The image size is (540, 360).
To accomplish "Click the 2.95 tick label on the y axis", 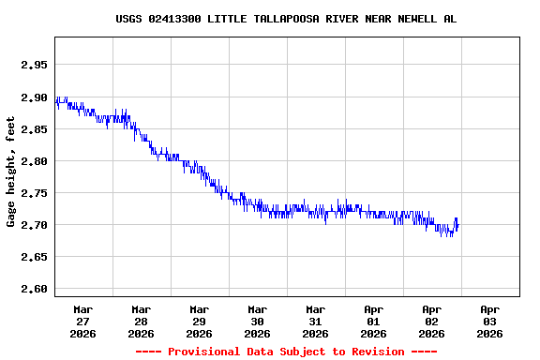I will pos(34,66).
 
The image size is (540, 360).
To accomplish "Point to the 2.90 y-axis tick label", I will pos(34,97).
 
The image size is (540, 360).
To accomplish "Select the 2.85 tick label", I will pos(34,129).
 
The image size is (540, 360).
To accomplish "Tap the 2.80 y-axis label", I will pos(34,161).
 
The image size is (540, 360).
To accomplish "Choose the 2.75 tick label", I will pos(34,193).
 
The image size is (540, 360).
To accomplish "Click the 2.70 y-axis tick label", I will pos(34,225).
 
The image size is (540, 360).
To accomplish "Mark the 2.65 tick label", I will pos(34,257).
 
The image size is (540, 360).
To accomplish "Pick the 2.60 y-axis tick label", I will pos(34,289).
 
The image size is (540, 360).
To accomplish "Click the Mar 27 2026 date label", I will pos(83,321).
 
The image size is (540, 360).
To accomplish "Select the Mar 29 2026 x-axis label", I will pos(200,321).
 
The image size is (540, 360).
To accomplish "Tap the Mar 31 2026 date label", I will pos(316,321).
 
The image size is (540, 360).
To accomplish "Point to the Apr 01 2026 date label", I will pos(374,321).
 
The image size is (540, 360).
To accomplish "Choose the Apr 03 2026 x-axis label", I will pos(490,321).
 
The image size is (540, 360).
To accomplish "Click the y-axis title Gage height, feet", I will pos(11,172).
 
